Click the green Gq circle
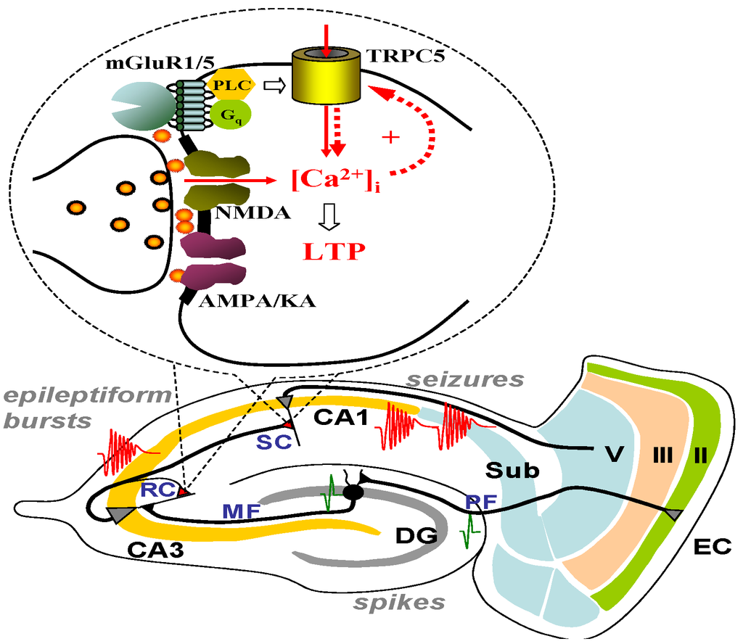pyautogui.click(x=226, y=114)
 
